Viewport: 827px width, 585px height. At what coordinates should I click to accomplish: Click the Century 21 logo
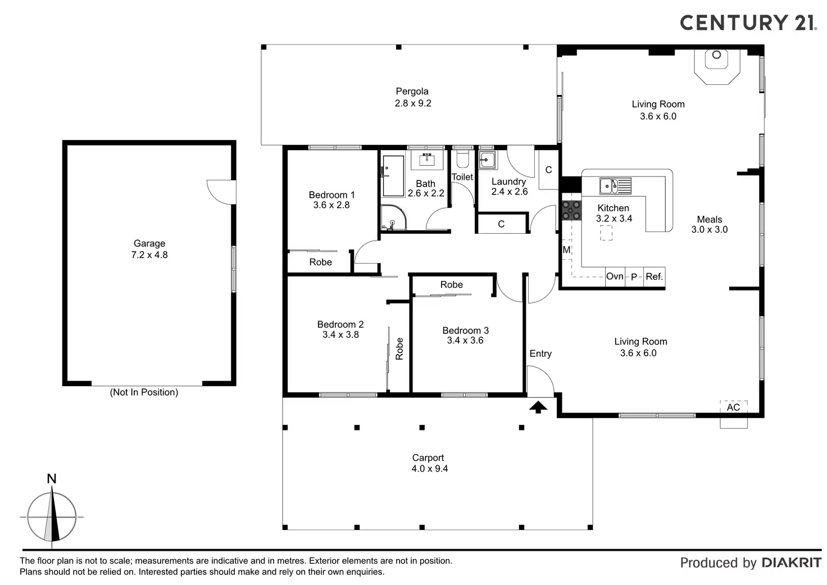(748, 22)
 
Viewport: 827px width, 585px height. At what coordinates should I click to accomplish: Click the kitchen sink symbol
(615, 185)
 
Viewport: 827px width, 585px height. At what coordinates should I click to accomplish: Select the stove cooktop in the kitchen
(571, 211)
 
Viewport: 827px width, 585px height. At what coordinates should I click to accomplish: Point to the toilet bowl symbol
(462, 160)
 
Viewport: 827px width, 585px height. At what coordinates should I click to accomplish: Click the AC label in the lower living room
(733, 407)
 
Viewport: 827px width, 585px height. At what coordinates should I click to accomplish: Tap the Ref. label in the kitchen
(654, 276)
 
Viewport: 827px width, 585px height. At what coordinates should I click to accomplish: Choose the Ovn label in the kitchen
(615, 276)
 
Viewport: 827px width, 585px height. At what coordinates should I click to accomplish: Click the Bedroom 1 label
(331, 195)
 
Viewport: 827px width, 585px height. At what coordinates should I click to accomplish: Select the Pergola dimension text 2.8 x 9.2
(413, 103)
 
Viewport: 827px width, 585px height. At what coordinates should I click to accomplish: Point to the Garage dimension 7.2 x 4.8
(149, 255)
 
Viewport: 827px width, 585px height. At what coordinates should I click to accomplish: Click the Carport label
(428, 458)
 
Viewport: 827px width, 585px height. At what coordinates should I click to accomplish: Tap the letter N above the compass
(52, 479)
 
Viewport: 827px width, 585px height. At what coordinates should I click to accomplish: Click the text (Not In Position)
(144, 392)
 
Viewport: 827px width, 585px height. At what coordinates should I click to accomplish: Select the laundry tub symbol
(487, 160)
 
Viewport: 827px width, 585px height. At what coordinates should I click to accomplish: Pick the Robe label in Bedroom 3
(451, 285)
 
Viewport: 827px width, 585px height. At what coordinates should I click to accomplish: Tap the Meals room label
(709, 220)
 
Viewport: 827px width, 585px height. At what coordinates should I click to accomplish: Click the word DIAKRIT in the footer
(791, 563)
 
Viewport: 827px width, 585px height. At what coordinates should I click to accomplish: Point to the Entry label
(540, 353)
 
